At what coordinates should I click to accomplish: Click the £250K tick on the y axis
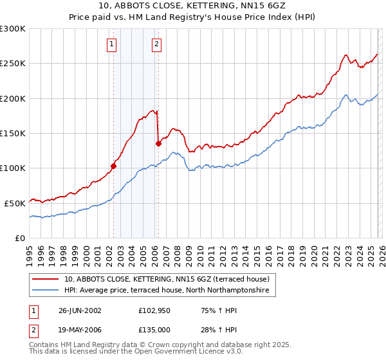[13, 64]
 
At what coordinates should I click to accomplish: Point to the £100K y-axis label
[13, 168]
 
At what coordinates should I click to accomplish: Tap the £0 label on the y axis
[20, 238]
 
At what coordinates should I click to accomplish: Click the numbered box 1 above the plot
[112, 44]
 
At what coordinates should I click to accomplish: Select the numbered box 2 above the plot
[156, 44]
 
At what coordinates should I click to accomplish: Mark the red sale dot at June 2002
[114, 166]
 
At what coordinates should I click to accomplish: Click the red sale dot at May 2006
[158, 144]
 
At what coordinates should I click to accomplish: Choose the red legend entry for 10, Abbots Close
[170, 279]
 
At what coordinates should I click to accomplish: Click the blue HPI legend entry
[170, 291]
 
